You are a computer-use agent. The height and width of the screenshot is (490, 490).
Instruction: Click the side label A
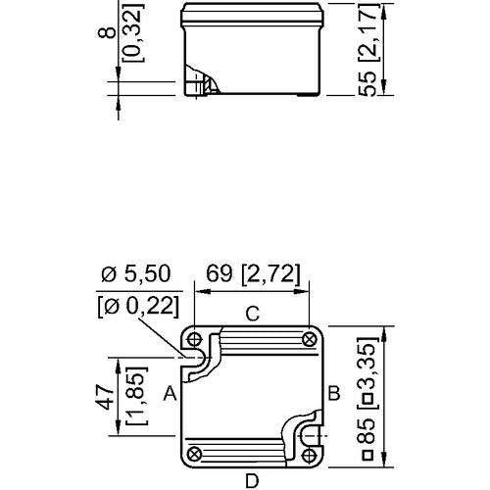pyautogui.click(x=170, y=393)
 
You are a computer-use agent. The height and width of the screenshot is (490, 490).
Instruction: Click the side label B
pyautogui.click(x=334, y=393)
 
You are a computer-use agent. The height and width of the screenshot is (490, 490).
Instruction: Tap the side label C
pyautogui.click(x=253, y=314)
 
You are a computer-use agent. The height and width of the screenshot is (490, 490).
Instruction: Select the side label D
pyautogui.click(x=252, y=481)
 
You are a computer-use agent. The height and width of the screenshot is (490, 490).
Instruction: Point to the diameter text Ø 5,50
pyautogui.click(x=136, y=273)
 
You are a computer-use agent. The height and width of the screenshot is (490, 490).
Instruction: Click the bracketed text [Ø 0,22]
pyautogui.click(x=138, y=307)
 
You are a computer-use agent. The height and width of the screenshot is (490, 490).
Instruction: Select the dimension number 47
pyautogui.click(x=105, y=396)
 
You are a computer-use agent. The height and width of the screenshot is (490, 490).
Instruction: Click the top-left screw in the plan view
pyautogui.click(x=195, y=339)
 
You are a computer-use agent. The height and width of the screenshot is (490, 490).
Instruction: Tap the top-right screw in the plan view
pyautogui.click(x=309, y=339)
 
